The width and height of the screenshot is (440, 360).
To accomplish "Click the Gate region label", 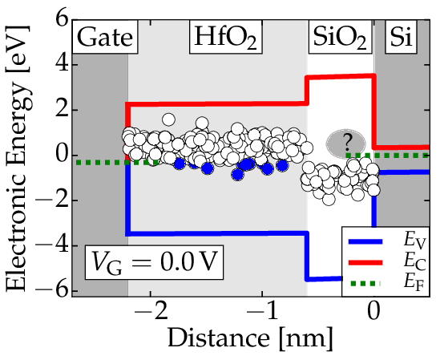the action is point(105,37).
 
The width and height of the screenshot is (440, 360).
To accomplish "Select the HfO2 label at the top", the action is point(226,37).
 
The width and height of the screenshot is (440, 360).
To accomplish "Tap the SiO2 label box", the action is point(340,37).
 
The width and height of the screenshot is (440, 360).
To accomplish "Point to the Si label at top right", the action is point(401,37).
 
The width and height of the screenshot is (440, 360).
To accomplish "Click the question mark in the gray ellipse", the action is point(347,143).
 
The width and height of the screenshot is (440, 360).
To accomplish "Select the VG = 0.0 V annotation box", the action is point(155,262).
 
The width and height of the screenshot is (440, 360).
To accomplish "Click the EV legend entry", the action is point(386,241).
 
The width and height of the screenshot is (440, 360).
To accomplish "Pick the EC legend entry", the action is point(386,262).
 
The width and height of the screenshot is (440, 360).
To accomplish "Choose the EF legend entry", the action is point(386,283).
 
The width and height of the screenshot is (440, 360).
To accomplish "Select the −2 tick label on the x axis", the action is point(151,311).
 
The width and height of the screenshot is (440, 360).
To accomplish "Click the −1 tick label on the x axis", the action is point(262,311).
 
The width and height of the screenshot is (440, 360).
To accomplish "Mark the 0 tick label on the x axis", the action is point(373,311).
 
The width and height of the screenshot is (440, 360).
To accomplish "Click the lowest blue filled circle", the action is point(237,175).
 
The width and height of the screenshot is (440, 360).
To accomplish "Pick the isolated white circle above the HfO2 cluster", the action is point(168,120).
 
